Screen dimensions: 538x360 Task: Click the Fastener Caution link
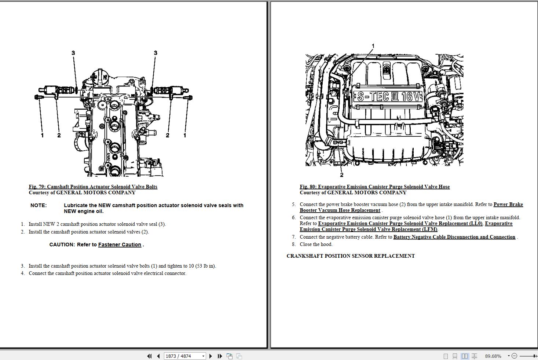coord(120,245)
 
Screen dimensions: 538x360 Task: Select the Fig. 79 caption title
coord(93,187)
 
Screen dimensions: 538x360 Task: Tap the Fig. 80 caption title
coord(375,187)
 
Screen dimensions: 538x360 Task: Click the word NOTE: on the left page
coord(39,205)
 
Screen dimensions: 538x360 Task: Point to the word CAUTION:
coord(62,245)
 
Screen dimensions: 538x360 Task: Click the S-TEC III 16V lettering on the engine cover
coord(388,96)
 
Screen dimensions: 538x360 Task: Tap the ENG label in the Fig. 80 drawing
coord(338,142)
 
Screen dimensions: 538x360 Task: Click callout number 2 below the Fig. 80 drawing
coord(342,175)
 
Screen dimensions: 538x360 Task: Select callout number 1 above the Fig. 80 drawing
coord(373,45)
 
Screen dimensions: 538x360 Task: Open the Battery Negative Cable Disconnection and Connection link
coord(454,237)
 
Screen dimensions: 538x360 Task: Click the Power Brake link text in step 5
coord(508,204)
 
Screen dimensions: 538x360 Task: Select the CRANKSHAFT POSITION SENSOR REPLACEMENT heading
coord(351,256)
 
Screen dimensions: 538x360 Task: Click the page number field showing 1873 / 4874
coord(184,356)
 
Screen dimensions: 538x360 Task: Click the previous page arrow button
coord(158,356)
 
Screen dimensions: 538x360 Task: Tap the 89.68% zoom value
coord(493,356)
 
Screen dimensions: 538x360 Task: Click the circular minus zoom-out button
coord(514,356)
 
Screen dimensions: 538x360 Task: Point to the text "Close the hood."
coord(316,244)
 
